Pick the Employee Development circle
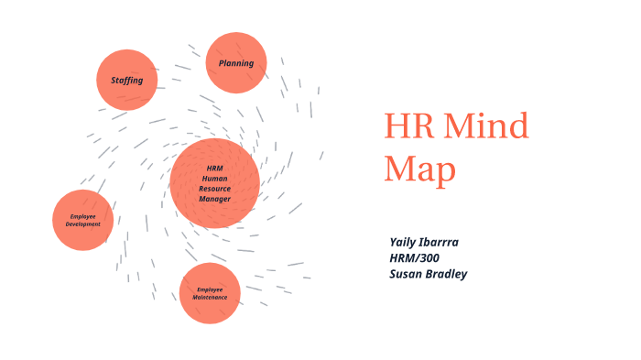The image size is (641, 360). tap(83, 220)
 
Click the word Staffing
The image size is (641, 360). tap(127, 81)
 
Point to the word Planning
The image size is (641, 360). tap(236, 63)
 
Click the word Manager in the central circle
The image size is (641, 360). tap(215, 198)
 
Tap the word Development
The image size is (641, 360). tap(83, 224)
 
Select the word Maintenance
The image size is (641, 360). tap(211, 298)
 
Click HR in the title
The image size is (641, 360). tap(409, 126)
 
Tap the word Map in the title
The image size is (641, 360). tap(420, 169)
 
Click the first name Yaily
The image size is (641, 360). tap(407, 242)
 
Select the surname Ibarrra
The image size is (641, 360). tap(458, 242)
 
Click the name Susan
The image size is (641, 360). tap(408, 273)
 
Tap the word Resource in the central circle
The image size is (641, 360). tap(215, 188)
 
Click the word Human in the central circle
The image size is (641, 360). tap(215, 178)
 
